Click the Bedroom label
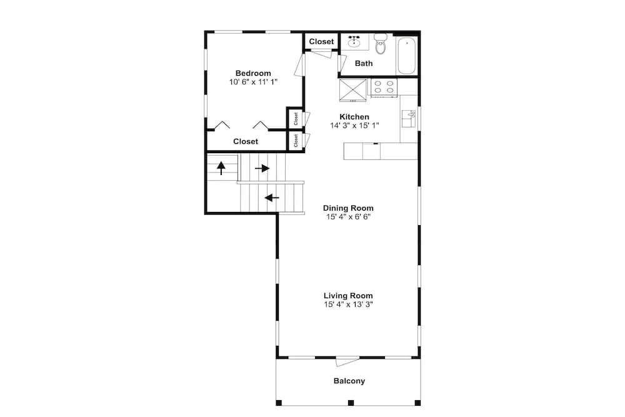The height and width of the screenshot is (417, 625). pyautogui.click(x=253, y=73)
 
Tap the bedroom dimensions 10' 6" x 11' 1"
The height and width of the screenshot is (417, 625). pyautogui.click(x=253, y=82)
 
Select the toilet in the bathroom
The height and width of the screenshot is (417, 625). pyautogui.click(x=381, y=44)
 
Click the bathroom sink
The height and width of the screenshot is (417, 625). pyautogui.click(x=354, y=41)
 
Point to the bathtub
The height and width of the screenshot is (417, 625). pyautogui.click(x=407, y=56)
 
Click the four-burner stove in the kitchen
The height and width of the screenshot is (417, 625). pyautogui.click(x=384, y=88)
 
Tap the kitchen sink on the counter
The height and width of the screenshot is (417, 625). pyautogui.click(x=408, y=119)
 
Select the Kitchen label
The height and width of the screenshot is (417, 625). pyautogui.click(x=354, y=117)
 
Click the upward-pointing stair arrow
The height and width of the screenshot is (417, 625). pyautogui.click(x=221, y=168)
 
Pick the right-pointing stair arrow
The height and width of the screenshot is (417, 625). pyautogui.click(x=262, y=169)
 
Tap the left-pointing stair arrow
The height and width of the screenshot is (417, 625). pyautogui.click(x=272, y=198)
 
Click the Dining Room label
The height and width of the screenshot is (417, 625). pyautogui.click(x=348, y=208)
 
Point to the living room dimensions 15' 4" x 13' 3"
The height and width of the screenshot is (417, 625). pyautogui.click(x=348, y=304)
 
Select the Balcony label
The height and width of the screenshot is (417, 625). pyautogui.click(x=349, y=381)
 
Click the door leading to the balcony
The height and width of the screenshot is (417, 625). pyautogui.click(x=347, y=361)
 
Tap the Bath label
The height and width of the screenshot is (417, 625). pyautogui.click(x=364, y=63)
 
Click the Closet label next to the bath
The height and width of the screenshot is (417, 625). pyautogui.click(x=321, y=41)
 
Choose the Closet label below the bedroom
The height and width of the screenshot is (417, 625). pyautogui.click(x=246, y=141)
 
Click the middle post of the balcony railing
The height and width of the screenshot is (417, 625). pyautogui.click(x=351, y=403)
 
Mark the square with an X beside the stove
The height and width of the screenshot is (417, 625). pyautogui.click(x=352, y=90)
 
